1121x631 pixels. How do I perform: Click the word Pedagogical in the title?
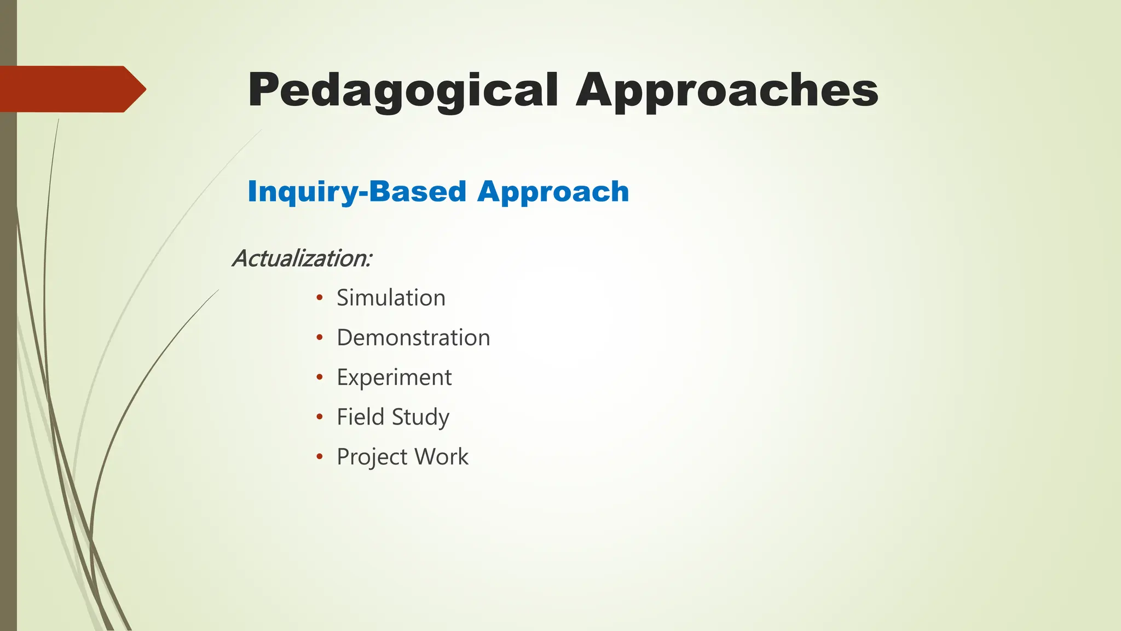403,90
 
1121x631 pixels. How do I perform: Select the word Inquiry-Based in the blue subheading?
357,192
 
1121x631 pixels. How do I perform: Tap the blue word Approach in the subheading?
553,192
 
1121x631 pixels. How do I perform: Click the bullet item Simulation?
391,298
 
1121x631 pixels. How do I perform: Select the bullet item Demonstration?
413,337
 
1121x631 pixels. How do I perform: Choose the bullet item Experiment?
394,377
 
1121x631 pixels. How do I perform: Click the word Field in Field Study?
360,417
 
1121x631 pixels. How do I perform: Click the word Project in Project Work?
372,457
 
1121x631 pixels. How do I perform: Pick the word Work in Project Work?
441,457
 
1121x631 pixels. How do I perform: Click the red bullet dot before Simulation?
320,298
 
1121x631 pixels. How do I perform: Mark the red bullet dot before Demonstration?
320,337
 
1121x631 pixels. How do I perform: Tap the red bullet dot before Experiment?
320,377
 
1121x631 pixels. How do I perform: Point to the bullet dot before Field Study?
320,417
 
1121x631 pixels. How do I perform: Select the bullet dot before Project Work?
320,456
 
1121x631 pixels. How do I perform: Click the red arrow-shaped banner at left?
66,89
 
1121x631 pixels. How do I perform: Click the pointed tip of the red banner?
143,89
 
